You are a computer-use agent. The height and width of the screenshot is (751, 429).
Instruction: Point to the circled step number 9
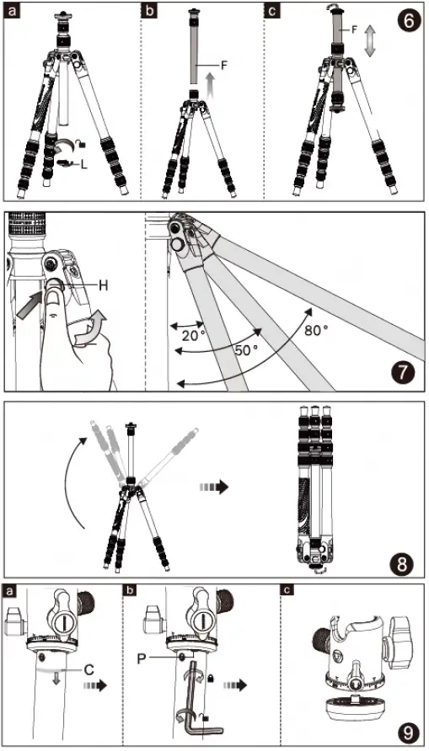click(408, 730)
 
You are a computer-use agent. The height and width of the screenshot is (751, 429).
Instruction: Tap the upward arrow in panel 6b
click(211, 84)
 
